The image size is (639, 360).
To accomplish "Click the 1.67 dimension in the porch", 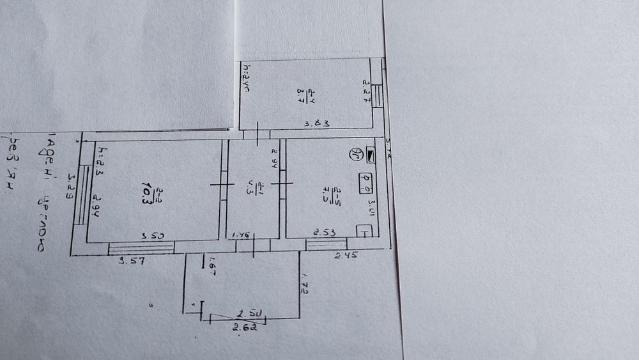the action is click(x=212, y=269).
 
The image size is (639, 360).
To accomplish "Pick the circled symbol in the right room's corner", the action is click(x=353, y=154).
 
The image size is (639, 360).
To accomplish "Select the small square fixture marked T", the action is click(x=364, y=231).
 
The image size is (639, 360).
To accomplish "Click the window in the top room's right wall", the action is click(x=378, y=97).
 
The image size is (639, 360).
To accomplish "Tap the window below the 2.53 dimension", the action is click(x=326, y=244).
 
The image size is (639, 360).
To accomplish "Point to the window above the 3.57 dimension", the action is click(x=141, y=248).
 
